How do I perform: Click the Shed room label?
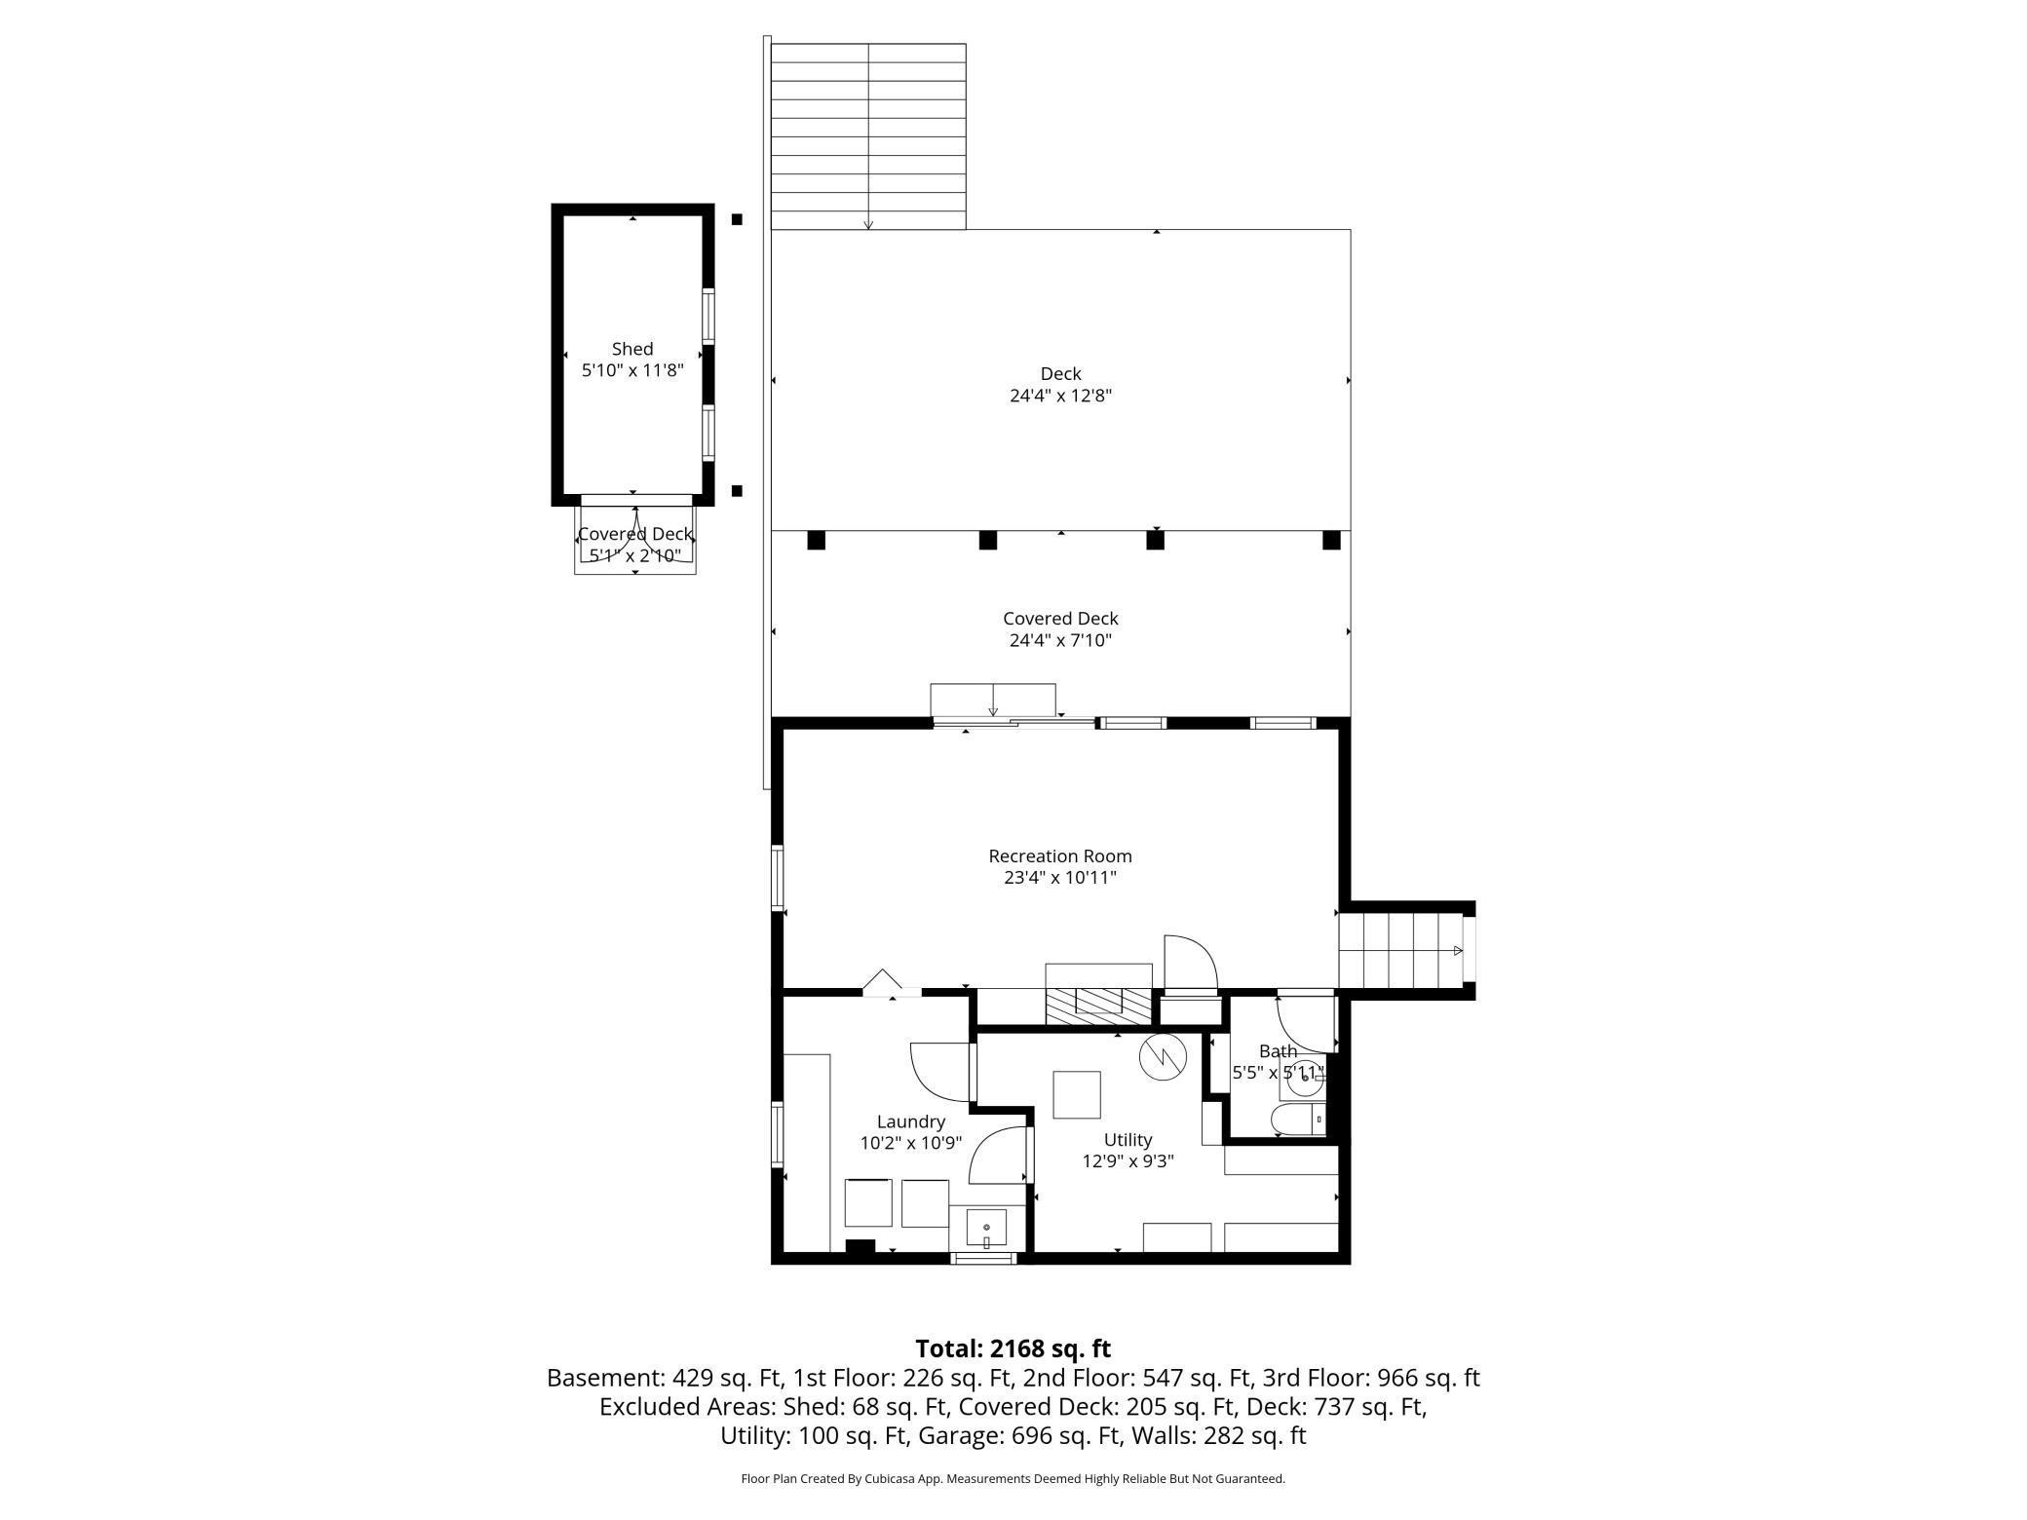(x=632, y=349)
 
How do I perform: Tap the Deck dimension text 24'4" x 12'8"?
(x=1060, y=396)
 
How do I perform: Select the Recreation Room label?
(x=1060, y=855)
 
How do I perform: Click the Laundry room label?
(x=910, y=1121)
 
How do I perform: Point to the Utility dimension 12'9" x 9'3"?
(x=1128, y=1161)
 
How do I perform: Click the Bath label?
(x=1278, y=1051)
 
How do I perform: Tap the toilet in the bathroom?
(x=1300, y=1121)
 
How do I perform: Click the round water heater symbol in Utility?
(x=1163, y=1056)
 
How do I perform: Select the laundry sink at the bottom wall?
(x=986, y=1229)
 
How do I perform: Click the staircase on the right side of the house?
(x=1399, y=950)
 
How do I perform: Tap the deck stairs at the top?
(x=867, y=136)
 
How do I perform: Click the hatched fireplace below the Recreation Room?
(x=1098, y=1005)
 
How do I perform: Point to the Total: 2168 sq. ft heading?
(x=1013, y=1349)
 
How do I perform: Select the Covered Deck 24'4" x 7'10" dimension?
(x=1060, y=641)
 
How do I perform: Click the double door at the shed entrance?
(x=635, y=534)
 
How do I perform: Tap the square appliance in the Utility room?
(x=1077, y=1094)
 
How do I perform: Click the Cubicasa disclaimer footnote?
(x=1013, y=1479)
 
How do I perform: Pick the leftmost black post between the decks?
(x=817, y=540)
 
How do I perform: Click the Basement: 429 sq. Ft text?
(x=665, y=1378)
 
